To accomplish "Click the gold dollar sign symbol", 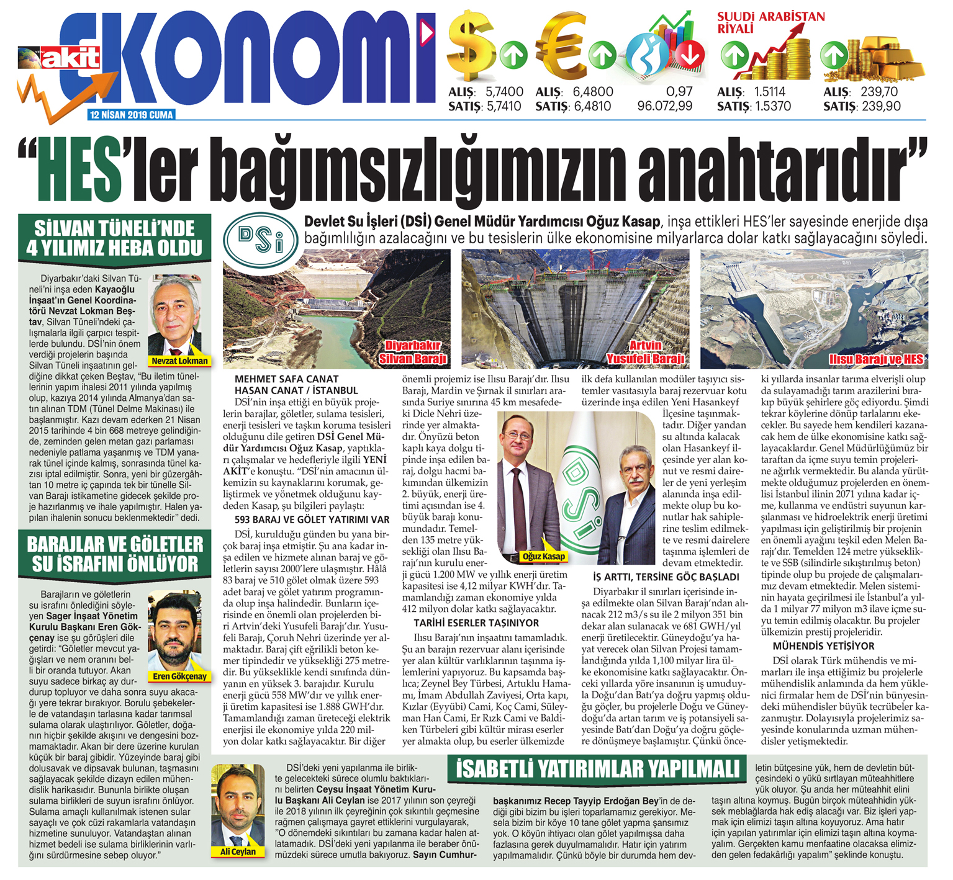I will (472, 47).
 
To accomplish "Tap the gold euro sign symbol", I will (561, 47).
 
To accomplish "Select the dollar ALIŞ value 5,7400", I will (504, 92).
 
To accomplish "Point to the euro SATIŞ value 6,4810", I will (592, 106).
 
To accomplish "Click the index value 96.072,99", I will (664, 106).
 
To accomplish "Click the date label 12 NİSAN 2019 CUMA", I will (132, 115).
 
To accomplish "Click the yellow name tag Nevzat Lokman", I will (179, 361).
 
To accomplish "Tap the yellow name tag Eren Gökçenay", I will (180, 676).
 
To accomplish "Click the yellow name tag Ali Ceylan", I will (238, 851).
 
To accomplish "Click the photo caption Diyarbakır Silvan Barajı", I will (413, 352).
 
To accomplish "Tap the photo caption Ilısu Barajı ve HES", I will (876, 359).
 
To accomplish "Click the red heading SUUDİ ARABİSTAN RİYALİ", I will (770, 22).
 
